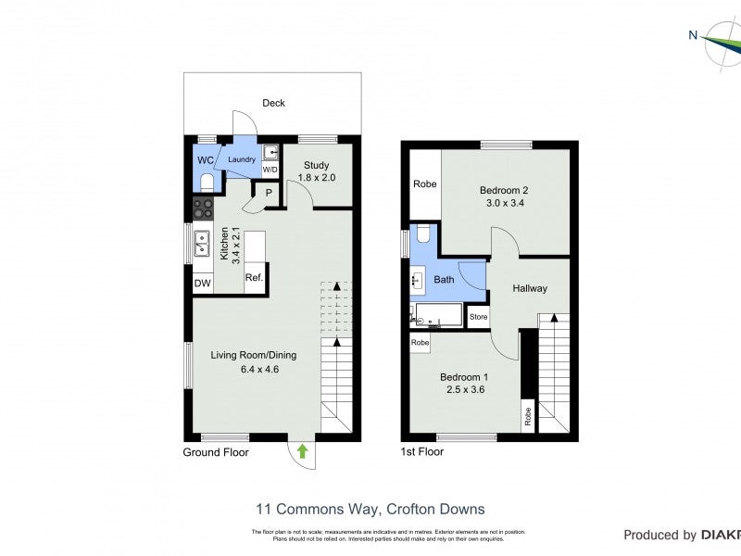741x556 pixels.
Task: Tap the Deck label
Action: point(273,103)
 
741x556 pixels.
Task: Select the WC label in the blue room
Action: point(205,159)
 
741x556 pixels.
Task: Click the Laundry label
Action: point(242,159)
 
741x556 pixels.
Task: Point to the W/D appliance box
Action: point(270,171)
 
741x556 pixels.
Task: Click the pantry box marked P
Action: point(269,192)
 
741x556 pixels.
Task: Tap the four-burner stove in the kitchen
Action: point(203,208)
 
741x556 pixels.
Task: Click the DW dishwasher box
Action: point(202,284)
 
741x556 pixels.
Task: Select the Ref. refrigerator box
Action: point(254,277)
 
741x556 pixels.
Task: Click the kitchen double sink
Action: point(202,244)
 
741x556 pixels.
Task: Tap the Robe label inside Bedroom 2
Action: point(424,183)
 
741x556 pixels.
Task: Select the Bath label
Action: point(444,279)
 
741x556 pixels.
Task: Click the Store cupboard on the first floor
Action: point(478,317)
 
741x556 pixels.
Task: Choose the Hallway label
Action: point(530,288)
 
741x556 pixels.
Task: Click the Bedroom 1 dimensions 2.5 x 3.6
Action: point(462,390)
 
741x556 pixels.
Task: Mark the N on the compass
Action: point(693,35)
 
